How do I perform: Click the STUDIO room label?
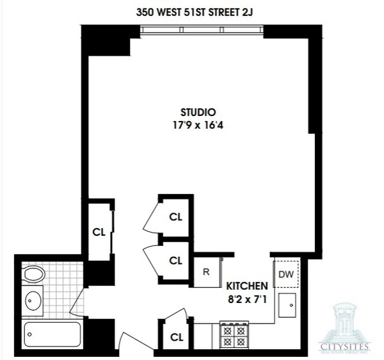tap(197, 111)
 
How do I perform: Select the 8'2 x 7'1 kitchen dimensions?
tap(244, 297)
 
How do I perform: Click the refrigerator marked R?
tap(206, 271)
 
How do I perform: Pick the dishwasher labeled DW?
tap(285, 275)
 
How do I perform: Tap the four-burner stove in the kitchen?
tap(234, 334)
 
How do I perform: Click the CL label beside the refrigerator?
tap(175, 260)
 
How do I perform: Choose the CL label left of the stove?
tap(175, 336)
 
